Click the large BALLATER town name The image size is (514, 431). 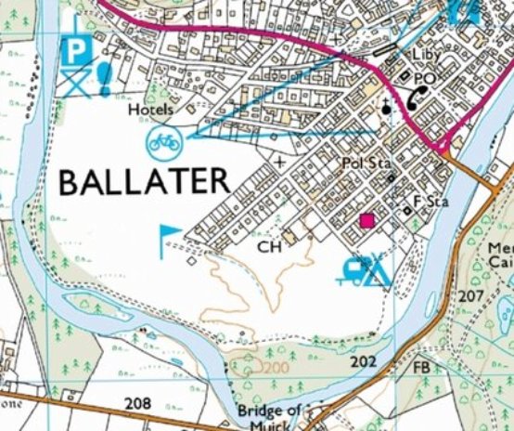(143, 180)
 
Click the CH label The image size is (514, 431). (268, 247)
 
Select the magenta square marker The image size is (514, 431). (367, 220)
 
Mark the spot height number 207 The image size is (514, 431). (471, 294)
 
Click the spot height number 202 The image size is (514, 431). (365, 360)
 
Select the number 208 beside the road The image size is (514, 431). (136, 402)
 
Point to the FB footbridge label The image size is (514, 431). (421, 369)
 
